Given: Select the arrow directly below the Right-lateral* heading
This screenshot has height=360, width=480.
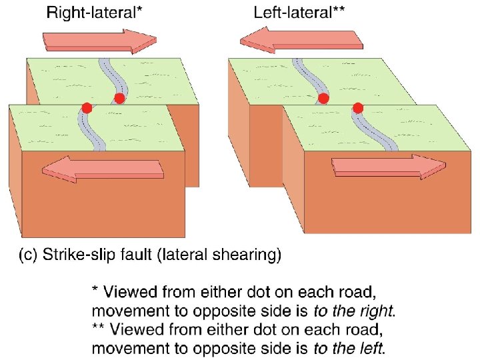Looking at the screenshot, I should point(99,41).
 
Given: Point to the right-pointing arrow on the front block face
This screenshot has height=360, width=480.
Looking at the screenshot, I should point(389,167).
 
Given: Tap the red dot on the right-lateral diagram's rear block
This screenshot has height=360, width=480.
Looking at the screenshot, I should point(119,99).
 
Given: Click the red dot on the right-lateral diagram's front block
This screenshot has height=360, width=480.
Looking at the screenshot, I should point(86,107).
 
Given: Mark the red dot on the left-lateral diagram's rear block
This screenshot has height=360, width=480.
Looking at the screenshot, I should point(323,99).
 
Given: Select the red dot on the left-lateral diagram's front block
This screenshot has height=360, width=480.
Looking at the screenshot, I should point(357,107).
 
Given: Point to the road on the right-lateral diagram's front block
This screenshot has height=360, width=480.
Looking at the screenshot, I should point(87,129).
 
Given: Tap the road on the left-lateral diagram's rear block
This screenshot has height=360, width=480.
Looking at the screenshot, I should point(307,77).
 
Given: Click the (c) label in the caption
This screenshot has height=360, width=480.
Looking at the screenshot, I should point(29,254).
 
